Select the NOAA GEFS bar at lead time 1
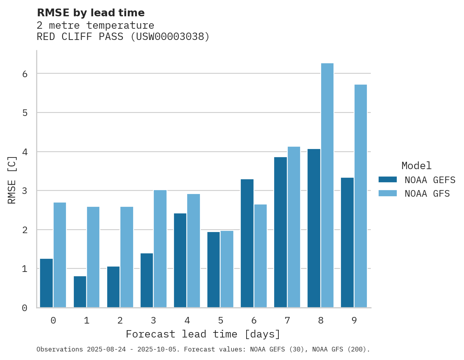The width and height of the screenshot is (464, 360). coord(80,292)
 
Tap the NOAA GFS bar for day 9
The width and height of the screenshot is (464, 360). coord(361,196)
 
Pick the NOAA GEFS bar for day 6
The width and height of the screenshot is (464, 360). coord(247,243)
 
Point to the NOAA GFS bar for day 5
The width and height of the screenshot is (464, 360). coord(227,269)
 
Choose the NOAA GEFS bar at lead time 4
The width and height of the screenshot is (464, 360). coord(180,260)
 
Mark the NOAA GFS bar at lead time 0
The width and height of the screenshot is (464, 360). coord(60,255)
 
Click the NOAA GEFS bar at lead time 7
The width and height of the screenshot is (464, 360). coord(280,232)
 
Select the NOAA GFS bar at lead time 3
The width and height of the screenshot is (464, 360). coord(160,249)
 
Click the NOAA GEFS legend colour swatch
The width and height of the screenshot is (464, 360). coord(388,180)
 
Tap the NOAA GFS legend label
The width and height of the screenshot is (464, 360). coord(427,194)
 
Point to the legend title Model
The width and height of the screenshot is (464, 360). coord(417,166)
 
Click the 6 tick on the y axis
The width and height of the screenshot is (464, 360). coord(24,74)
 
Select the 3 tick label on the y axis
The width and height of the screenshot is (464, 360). coord(24,191)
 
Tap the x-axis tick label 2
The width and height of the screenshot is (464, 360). coord(120,320)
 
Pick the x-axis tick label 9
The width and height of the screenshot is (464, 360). coord(354,320)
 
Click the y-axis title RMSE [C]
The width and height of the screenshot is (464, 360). coord(12,180)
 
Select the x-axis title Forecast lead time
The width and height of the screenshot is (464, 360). coord(203,334)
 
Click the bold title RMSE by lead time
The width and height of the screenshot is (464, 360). coord(91,13)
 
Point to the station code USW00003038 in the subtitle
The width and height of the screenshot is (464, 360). coord(170,37)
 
